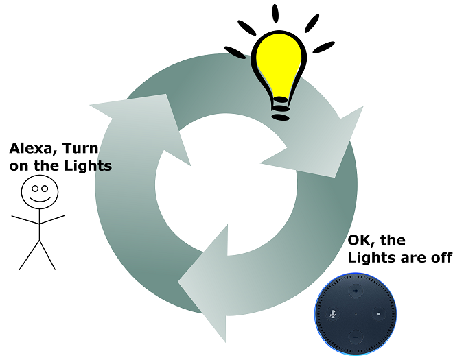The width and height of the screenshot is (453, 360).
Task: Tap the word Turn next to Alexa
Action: tap(82, 148)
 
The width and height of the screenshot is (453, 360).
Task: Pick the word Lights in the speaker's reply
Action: tap(371, 258)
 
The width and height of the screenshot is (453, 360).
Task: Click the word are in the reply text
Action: tap(412, 258)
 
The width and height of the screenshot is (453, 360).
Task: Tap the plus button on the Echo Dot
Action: tap(356, 291)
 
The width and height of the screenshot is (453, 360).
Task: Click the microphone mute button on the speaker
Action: tap(333, 313)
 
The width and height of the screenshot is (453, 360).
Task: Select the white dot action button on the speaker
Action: tap(378, 313)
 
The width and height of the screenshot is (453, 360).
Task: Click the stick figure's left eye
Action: tap(34, 187)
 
